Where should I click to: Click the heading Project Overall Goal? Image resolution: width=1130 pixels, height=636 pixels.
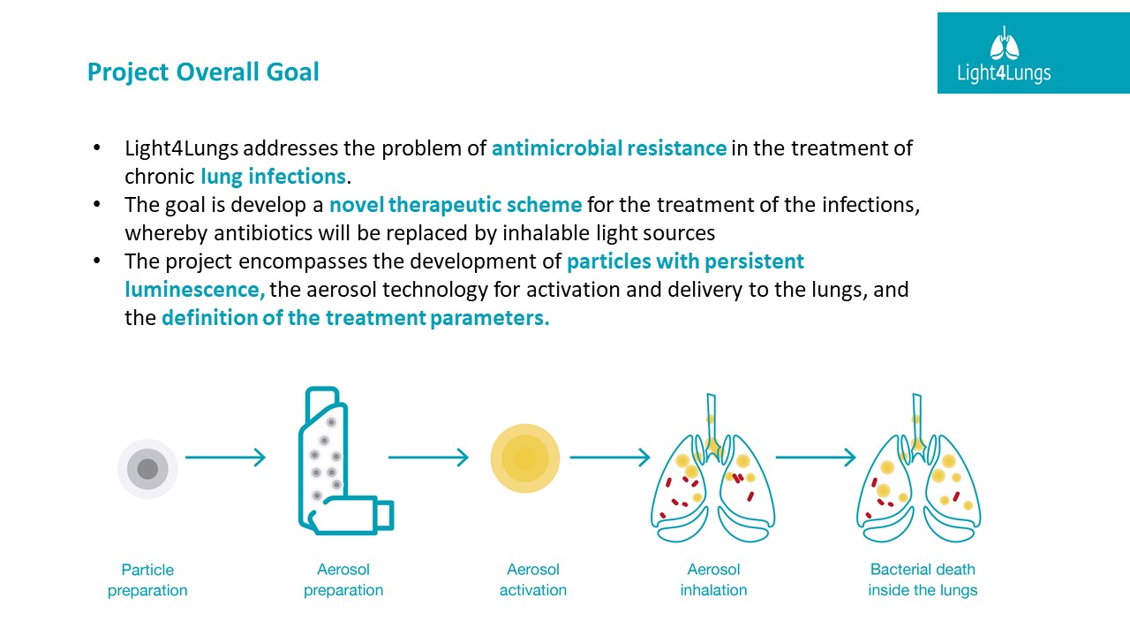tap(203, 72)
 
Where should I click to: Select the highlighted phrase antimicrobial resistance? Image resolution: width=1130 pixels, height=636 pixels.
tap(609, 148)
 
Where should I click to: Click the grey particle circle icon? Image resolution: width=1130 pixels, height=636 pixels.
tap(147, 469)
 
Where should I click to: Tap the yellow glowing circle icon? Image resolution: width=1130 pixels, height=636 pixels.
tap(525, 458)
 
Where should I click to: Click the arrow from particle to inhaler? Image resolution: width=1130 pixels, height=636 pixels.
tap(225, 458)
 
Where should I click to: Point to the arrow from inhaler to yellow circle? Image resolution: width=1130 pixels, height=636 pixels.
tap(428, 458)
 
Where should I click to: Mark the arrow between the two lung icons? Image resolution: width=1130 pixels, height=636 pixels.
tap(816, 458)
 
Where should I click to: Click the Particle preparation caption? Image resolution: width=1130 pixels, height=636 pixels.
tap(147, 580)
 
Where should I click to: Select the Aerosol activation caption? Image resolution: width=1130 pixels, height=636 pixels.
tap(533, 580)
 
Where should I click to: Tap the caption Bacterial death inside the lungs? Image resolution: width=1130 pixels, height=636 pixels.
tap(923, 580)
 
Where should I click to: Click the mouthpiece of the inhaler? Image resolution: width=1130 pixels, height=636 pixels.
tap(385, 514)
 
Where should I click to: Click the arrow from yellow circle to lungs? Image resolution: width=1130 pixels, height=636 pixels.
tap(610, 458)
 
